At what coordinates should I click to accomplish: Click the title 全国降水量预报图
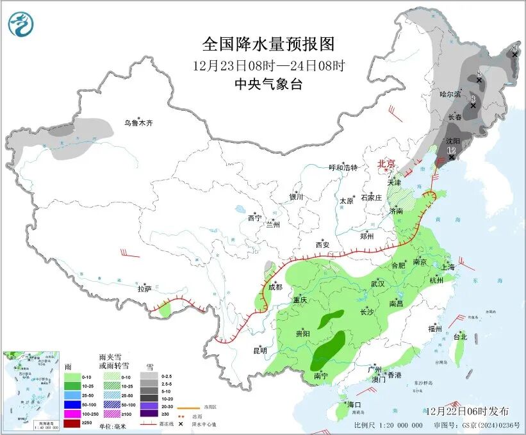click(268, 44)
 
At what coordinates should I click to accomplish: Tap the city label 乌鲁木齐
click(139, 123)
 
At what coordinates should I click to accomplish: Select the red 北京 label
click(387, 164)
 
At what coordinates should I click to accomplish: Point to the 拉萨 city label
click(144, 289)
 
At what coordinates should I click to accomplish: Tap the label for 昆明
click(259, 350)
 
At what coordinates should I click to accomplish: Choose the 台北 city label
click(460, 336)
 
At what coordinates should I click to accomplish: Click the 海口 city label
click(355, 405)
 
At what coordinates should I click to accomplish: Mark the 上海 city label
click(448, 267)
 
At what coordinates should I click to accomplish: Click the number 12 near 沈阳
click(451, 151)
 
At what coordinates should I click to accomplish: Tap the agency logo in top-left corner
click(21, 24)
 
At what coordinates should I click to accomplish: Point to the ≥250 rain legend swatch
click(72, 423)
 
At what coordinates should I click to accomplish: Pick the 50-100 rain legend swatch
click(72, 405)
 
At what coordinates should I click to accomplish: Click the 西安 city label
click(322, 245)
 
